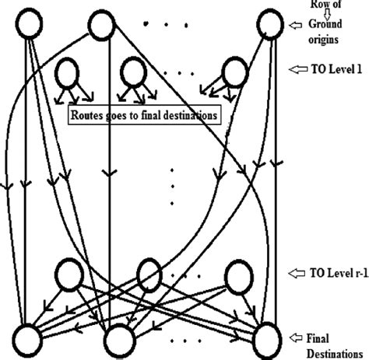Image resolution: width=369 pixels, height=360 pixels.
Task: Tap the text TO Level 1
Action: click(x=336, y=69)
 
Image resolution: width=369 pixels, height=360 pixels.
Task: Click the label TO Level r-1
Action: click(x=339, y=273)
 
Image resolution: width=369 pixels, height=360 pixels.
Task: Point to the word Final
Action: click(x=318, y=338)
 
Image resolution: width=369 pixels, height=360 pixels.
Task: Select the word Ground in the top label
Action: click(x=325, y=24)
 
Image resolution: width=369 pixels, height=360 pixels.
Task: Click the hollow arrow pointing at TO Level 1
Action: click(x=298, y=69)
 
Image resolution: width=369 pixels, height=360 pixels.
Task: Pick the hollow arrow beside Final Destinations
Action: click(x=296, y=337)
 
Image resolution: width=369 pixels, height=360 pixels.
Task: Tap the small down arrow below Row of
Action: click(x=327, y=15)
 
